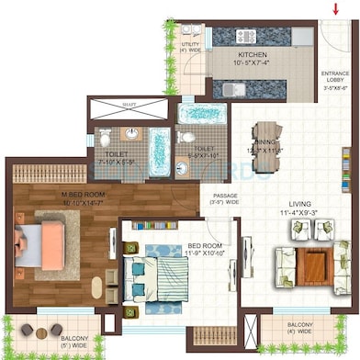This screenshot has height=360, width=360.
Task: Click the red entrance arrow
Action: coord(335,9)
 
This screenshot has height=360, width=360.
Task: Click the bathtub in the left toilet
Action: coord(160,152)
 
